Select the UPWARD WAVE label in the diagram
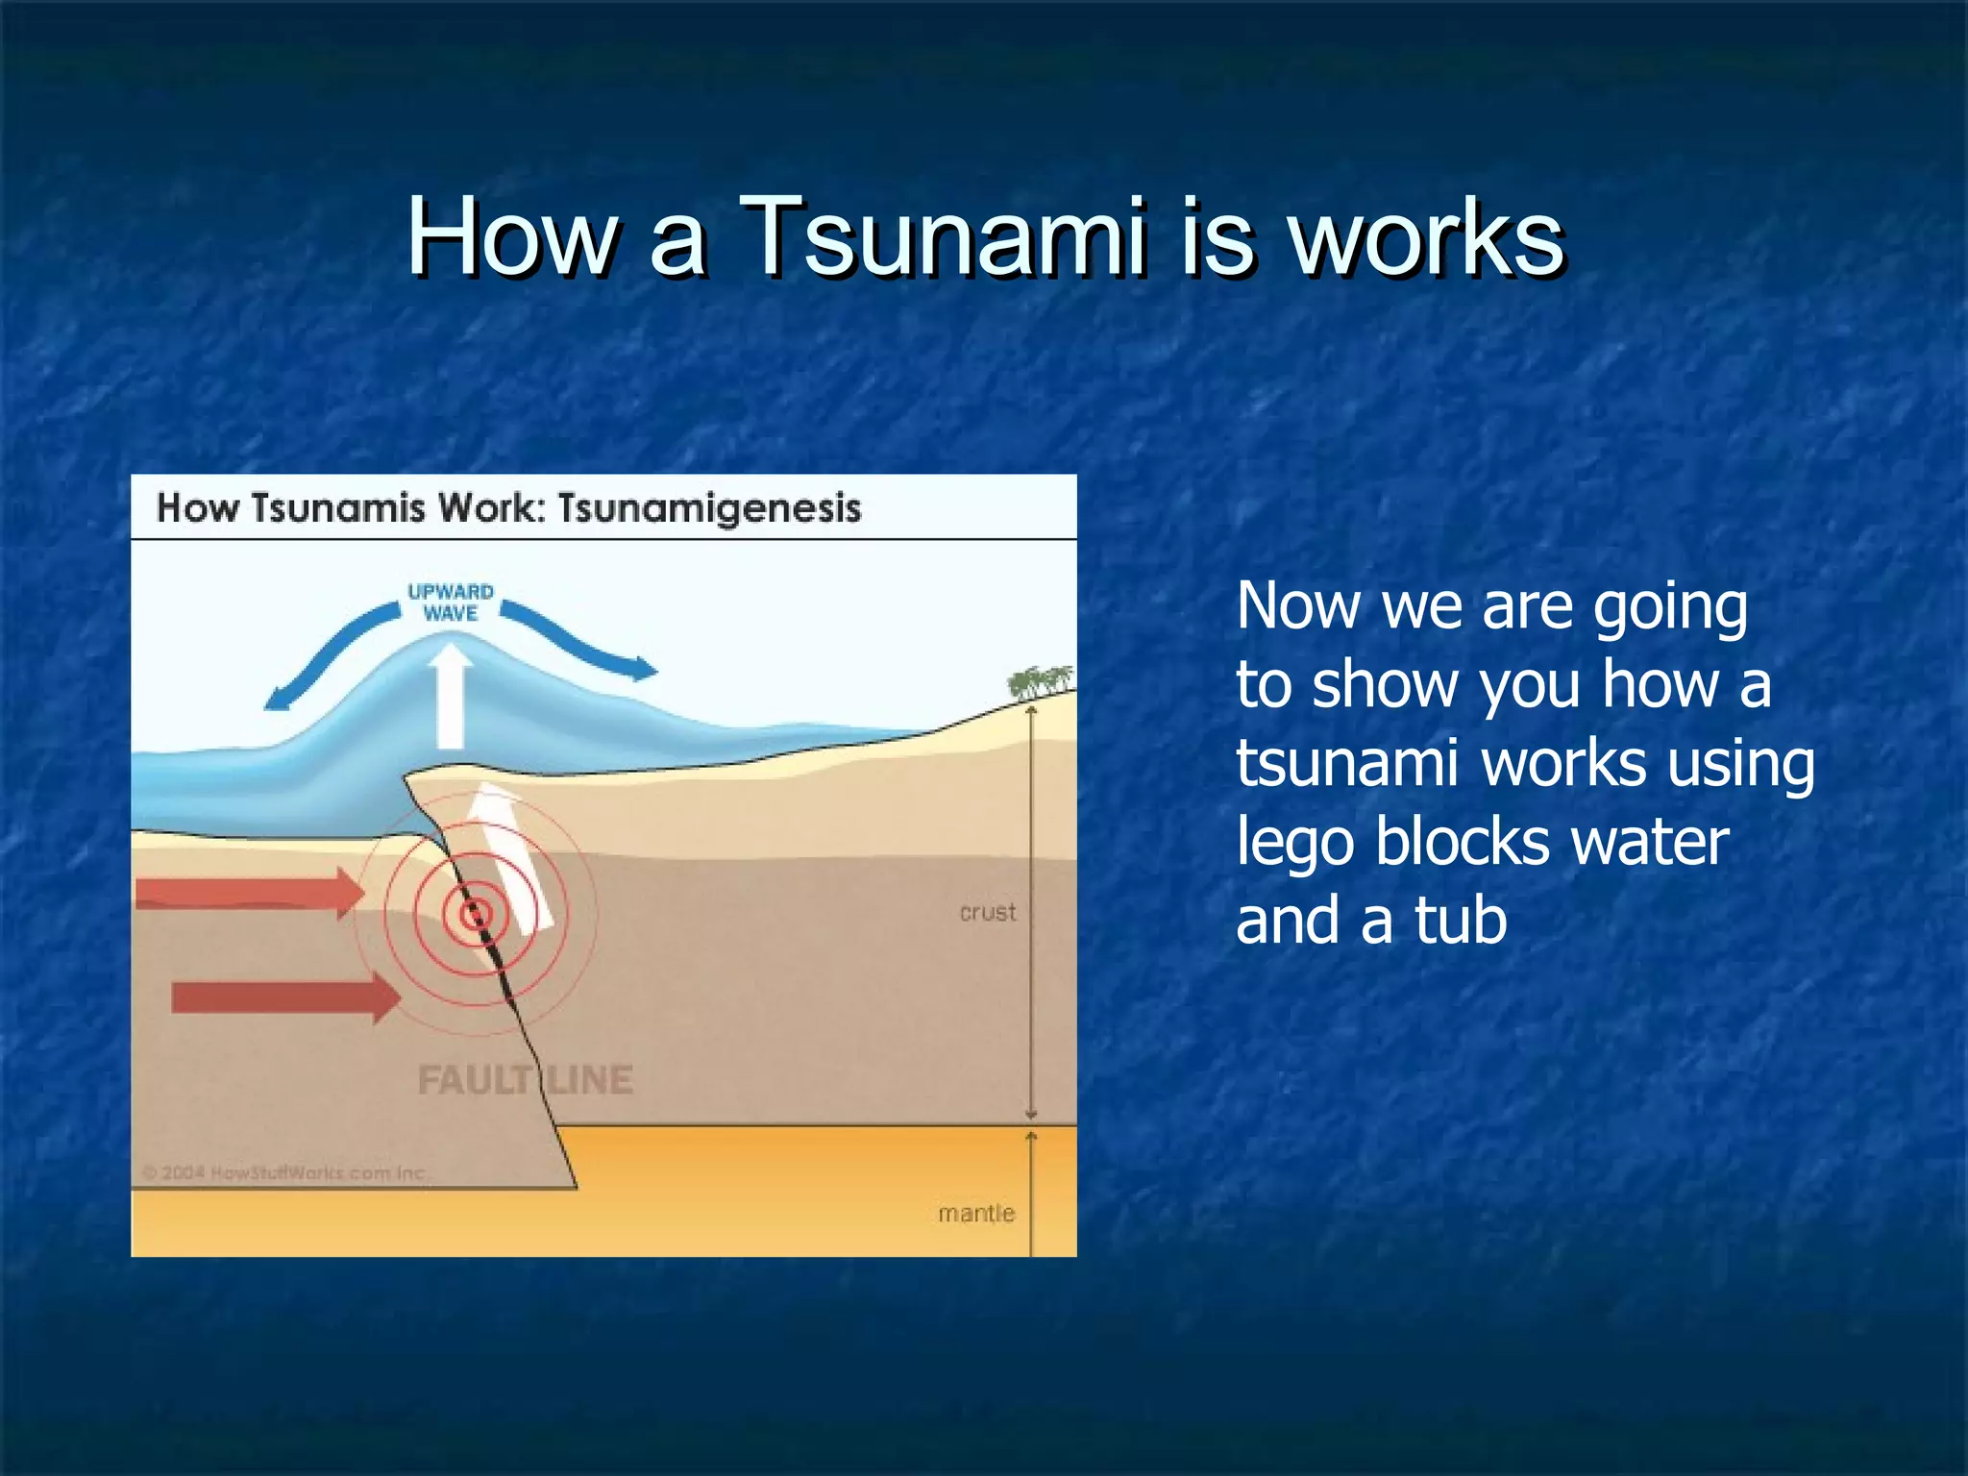click(x=450, y=603)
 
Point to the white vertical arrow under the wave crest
click(x=450, y=697)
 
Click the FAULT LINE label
click(x=525, y=1080)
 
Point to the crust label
click(x=987, y=912)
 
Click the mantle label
click(x=976, y=1214)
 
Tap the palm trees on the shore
click(x=1039, y=680)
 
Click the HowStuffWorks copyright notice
click(x=286, y=1172)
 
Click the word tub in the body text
click(x=1461, y=920)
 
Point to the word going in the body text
click(x=1670, y=608)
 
